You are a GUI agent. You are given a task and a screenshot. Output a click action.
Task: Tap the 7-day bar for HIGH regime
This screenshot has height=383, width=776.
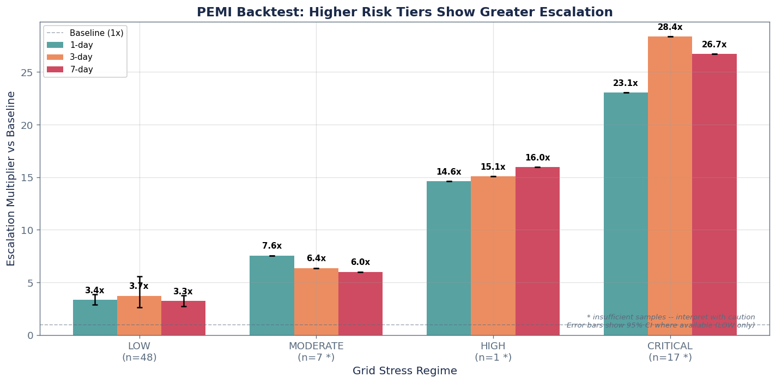pos(537,251)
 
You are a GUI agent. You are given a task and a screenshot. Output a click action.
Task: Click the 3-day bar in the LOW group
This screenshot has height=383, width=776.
pos(140,316)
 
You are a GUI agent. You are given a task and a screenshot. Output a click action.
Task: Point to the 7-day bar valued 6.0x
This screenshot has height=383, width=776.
pos(360,304)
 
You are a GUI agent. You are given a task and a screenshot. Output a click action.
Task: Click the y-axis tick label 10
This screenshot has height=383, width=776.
pos(27,230)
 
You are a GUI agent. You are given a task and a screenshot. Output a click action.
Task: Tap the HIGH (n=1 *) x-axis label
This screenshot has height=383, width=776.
pos(493,351)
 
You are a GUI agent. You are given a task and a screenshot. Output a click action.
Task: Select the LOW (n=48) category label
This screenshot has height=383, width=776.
pos(140,351)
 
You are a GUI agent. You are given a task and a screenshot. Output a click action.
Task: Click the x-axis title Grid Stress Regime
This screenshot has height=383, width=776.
pos(404,371)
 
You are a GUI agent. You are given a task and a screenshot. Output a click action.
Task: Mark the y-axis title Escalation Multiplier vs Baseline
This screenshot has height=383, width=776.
pos(11,178)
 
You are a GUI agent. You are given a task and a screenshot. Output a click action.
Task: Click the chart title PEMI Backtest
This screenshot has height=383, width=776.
pos(404,13)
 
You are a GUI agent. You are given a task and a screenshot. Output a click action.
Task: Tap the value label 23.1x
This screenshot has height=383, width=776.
pos(625,83)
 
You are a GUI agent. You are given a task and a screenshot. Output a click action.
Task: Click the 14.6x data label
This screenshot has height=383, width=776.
pos(448,172)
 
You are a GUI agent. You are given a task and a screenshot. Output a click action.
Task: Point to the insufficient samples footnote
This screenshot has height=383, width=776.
pos(670,317)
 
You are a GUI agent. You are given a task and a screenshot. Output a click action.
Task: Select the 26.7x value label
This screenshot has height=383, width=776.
pos(714,45)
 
